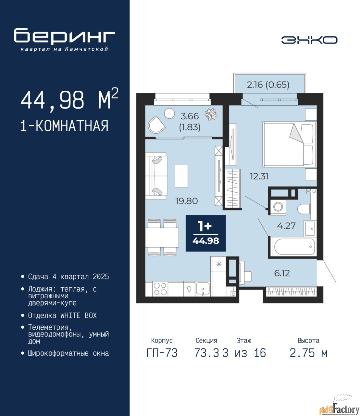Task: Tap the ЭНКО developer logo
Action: pos(309,40)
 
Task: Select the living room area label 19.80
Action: pos(187,201)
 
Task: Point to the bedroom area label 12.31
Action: pos(259,176)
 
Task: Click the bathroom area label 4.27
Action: pos(286,226)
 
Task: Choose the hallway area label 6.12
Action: pos(282,273)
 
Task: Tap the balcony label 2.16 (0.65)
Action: pos(268,85)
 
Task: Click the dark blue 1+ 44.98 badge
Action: pos(205,233)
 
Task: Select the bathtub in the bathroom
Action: pos(293,247)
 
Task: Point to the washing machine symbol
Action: pos(278,207)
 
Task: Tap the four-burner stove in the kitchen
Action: pos(160,289)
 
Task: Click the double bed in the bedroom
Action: pos(289,144)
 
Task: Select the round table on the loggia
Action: pos(169,114)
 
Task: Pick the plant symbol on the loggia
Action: pos(211,114)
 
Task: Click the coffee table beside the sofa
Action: pos(181,176)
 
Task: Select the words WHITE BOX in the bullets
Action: pos(79,315)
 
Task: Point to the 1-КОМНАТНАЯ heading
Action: pos(65,126)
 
